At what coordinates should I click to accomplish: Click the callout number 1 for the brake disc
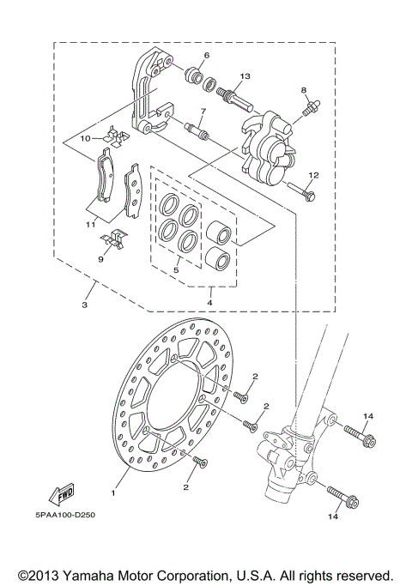(112, 493)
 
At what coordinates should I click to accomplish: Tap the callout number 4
(209, 301)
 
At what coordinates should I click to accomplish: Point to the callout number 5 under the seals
(176, 270)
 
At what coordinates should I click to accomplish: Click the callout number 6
(207, 56)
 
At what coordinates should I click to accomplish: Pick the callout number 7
(203, 112)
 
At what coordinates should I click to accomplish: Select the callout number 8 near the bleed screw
(304, 89)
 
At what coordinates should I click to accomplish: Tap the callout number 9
(99, 257)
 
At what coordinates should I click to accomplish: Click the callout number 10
(86, 138)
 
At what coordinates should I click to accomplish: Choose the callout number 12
(313, 175)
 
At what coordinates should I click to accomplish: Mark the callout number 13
(245, 76)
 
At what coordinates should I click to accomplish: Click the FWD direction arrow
(61, 494)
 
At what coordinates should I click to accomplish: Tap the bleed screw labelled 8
(310, 110)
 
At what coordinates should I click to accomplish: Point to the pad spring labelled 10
(112, 134)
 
